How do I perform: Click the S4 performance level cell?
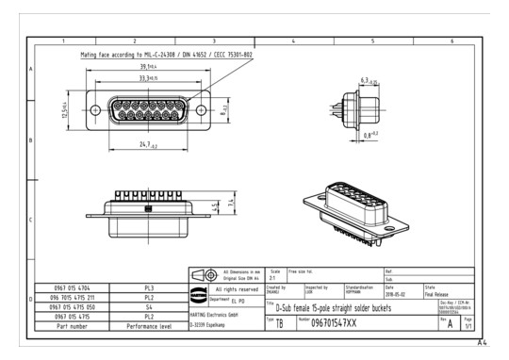point(149,305)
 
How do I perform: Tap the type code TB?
point(280,322)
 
